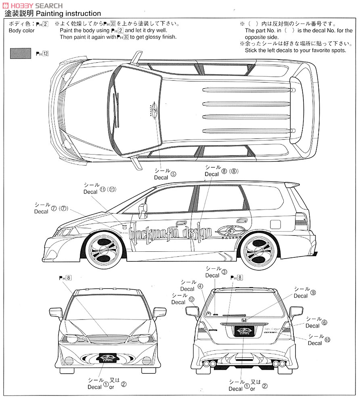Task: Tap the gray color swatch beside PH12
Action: [20, 53]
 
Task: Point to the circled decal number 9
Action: [313, 293]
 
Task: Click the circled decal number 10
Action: [327, 340]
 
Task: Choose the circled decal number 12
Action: [191, 299]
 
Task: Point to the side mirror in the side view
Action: [143, 211]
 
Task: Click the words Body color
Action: [22, 31]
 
